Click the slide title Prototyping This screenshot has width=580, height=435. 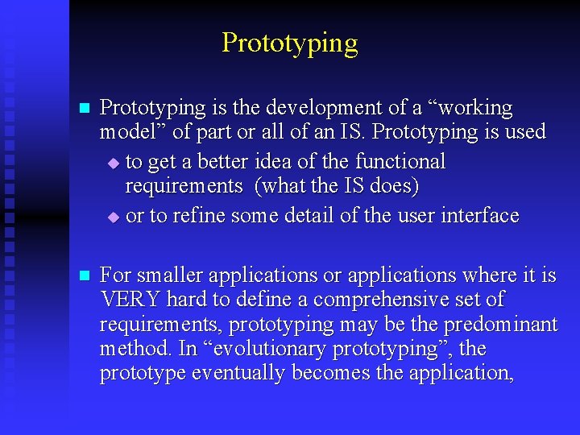click(x=289, y=43)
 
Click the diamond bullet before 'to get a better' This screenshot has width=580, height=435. click(x=113, y=164)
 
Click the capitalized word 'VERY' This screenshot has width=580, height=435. click(x=130, y=300)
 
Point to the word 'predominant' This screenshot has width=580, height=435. click(x=505, y=325)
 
